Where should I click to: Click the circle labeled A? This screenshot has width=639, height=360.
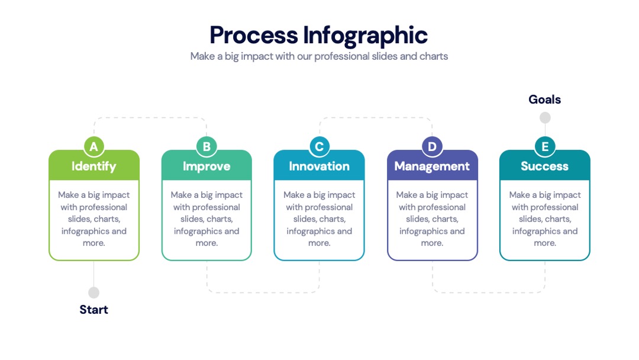(93, 146)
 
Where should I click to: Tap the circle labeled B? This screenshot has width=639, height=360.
(206, 146)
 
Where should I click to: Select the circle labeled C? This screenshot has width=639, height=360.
(319, 146)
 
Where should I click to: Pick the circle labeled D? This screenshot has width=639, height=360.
(432, 146)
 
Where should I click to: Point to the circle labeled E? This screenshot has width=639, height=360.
(545, 146)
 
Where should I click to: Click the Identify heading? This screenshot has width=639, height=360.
(93, 166)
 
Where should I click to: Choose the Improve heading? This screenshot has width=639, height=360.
(206, 166)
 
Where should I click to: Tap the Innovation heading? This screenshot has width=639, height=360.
(319, 166)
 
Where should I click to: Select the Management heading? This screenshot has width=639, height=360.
(432, 166)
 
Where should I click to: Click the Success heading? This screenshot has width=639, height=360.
(544, 166)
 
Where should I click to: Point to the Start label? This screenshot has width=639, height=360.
(93, 310)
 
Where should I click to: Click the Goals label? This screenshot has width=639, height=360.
(545, 99)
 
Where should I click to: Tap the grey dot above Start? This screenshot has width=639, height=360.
(93, 292)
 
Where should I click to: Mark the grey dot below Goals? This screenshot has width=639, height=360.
(545, 118)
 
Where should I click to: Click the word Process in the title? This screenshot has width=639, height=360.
(254, 36)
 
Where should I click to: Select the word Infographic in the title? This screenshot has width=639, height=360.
(366, 36)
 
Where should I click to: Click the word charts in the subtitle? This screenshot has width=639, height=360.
(434, 56)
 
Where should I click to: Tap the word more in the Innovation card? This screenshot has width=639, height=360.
(319, 243)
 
